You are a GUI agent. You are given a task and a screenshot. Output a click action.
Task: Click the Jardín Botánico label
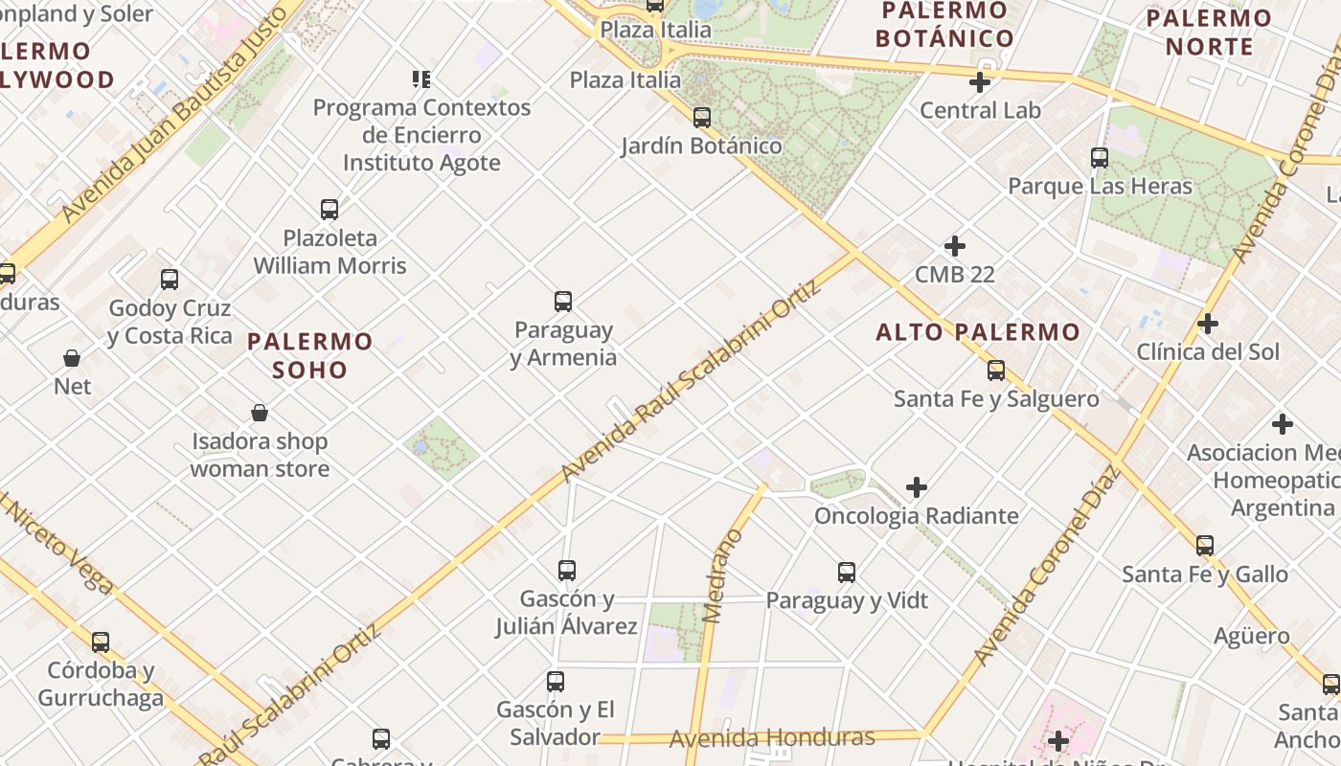pyautogui.click(x=701, y=146)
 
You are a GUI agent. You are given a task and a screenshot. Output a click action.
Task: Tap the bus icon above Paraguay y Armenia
pyautogui.click(x=563, y=302)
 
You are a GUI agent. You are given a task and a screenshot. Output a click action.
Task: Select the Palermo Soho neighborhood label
pyautogui.click(x=309, y=355)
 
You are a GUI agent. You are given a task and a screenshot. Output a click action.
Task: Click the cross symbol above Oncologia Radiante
pyautogui.click(x=917, y=487)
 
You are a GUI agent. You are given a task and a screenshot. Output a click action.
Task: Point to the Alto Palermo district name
pyautogui.click(x=978, y=332)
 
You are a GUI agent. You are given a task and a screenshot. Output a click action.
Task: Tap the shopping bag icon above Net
pyautogui.click(x=72, y=358)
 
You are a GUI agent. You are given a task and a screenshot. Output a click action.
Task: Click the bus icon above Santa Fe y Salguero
pyautogui.click(x=996, y=371)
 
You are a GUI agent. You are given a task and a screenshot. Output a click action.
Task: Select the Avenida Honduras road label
pyautogui.click(x=772, y=738)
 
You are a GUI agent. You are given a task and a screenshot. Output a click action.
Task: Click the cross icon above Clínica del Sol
pyautogui.click(x=1208, y=324)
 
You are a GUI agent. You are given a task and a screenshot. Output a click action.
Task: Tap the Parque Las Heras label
pyautogui.click(x=1100, y=186)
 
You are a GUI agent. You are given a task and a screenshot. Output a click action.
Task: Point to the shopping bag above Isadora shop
pyautogui.click(x=259, y=413)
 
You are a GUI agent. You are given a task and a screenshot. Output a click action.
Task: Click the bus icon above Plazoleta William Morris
pyautogui.click(x=330, y=209)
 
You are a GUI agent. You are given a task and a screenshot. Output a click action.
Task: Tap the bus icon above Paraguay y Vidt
pyautogui.click(x=847, y=573)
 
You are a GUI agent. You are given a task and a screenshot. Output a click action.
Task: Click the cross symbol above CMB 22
pyautogui.click(x=955, y=246)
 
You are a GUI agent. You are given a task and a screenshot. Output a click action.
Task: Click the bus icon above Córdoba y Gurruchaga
pyautogui.click(x=101, y=642)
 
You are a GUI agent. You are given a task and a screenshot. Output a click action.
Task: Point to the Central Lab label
pyautogui.click(x=980, y=110)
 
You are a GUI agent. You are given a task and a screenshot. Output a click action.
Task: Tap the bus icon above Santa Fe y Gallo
pyautogui.click(x=1205, y=546)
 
